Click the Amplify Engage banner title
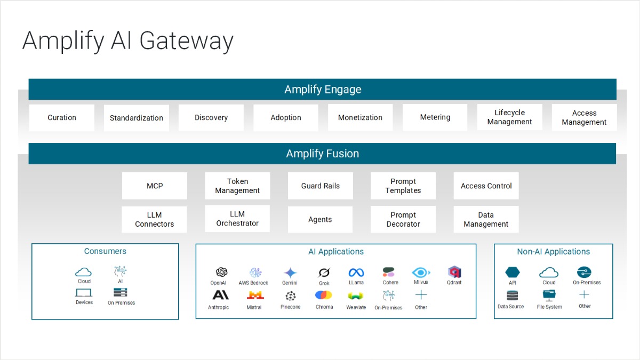(323, 90)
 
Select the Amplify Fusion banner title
(323, 154)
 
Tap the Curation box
(62, 117)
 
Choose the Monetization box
(360, 117)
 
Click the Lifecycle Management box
(509, 117)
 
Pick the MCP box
(155, 186)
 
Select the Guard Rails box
(320, 186)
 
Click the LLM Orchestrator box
(237, 219)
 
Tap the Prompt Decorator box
(403, 219)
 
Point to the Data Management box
(486, 219)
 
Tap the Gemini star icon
(290, 273)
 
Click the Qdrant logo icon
(454, 272)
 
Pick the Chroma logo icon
(324, 295)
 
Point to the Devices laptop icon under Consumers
(84, 293)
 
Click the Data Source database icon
(512, 295)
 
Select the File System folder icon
(549, 295)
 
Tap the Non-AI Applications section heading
(553, 252)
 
